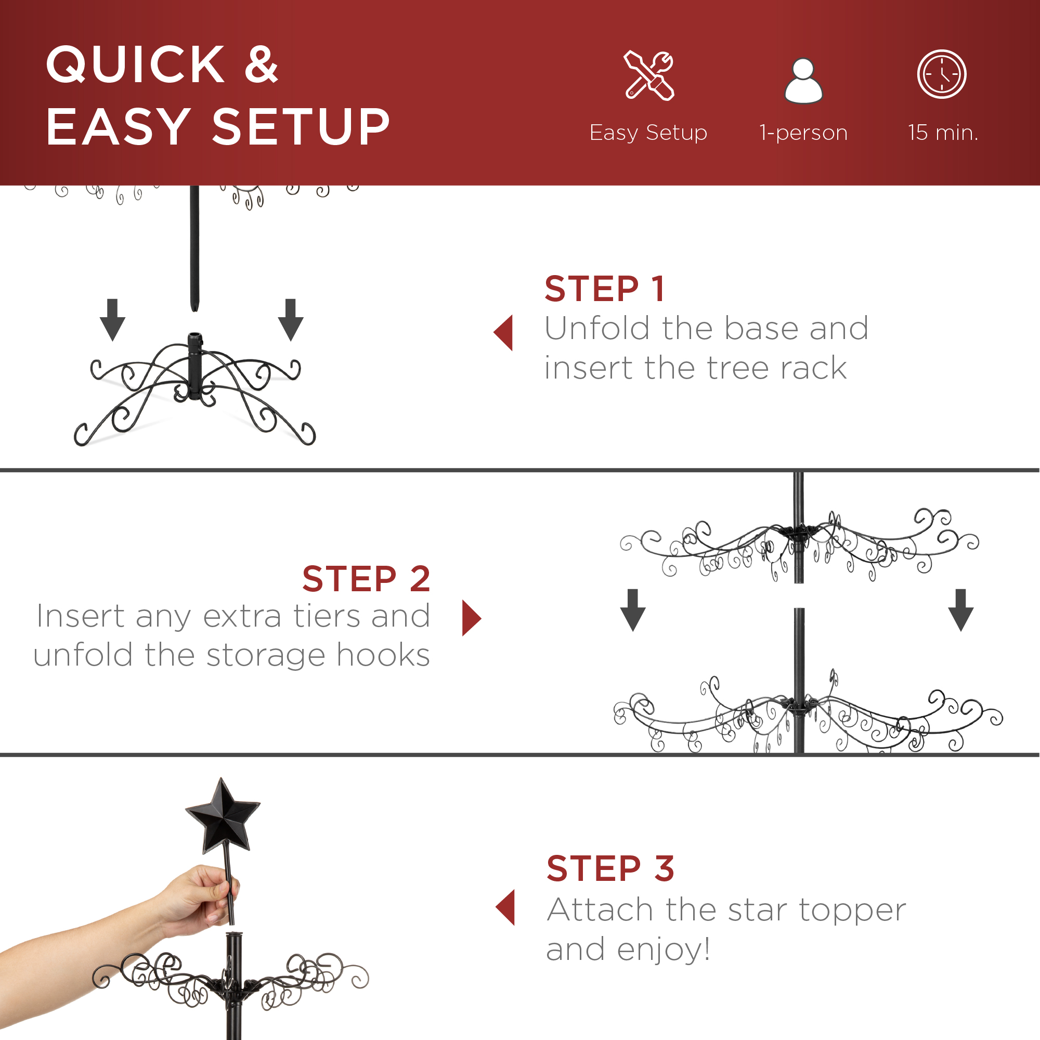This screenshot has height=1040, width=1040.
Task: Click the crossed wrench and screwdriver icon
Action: pyautogui.click(x=648, y=75)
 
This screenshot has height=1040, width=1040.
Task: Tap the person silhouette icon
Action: pyautogui.click(x=803, y=81)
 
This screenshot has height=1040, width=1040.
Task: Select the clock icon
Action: pyautogui.click(x=942, y=74)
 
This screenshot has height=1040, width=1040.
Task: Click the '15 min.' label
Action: pyautogui.click(x=943, y=133)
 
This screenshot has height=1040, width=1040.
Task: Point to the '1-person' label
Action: pyautogui.click(x=803, y=133)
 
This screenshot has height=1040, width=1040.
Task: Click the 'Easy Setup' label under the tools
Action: pyautogui.click(x=648, y=133)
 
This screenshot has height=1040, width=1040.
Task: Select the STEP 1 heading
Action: pyautogui.click(x=605, y=289)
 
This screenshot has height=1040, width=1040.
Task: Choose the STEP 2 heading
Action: pyautogui.click(x=366, y=579)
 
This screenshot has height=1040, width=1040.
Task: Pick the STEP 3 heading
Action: pyautogui.click(x=610, y=869)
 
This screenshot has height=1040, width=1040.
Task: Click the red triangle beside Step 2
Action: pyautogui.click(x=471, y=618)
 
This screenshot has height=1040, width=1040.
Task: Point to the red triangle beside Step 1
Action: pyautogui.click(x=504, y=333)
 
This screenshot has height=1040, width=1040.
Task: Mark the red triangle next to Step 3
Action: pyautogui.click(x=505, y=907)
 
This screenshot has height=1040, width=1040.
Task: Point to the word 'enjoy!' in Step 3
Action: pyautogui.click(x=663, y=949)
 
